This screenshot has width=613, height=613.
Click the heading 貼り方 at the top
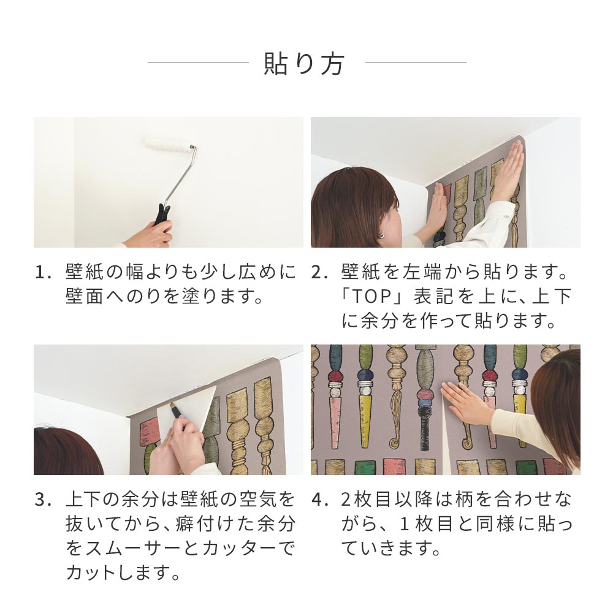pyautogui.click(x=304, y=63)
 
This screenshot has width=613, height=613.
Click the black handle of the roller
pyautogui.click(x=162, y=214)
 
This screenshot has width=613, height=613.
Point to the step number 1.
pyautogui.click(x=42, y=273)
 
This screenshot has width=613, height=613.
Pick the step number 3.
pyautogui.click(x=42, y=500)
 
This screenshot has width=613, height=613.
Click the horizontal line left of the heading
pyautogui.click(x=198, y=63)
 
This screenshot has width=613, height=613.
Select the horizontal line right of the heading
pyautogui.click(x=416, y=63)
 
